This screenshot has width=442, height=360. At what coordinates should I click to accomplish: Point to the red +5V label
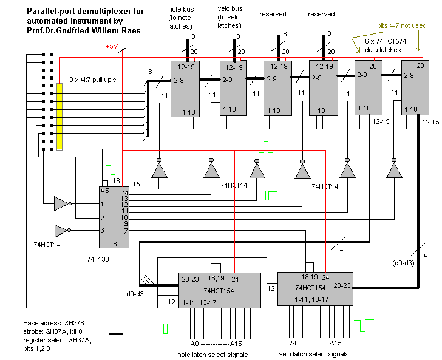coord(112,47)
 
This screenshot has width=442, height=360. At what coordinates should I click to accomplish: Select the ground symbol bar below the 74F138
coord(112,333)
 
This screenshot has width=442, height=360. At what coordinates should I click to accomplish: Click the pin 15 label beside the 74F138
coord(135,183)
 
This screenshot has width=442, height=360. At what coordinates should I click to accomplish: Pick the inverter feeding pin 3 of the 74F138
coord(61,230)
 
